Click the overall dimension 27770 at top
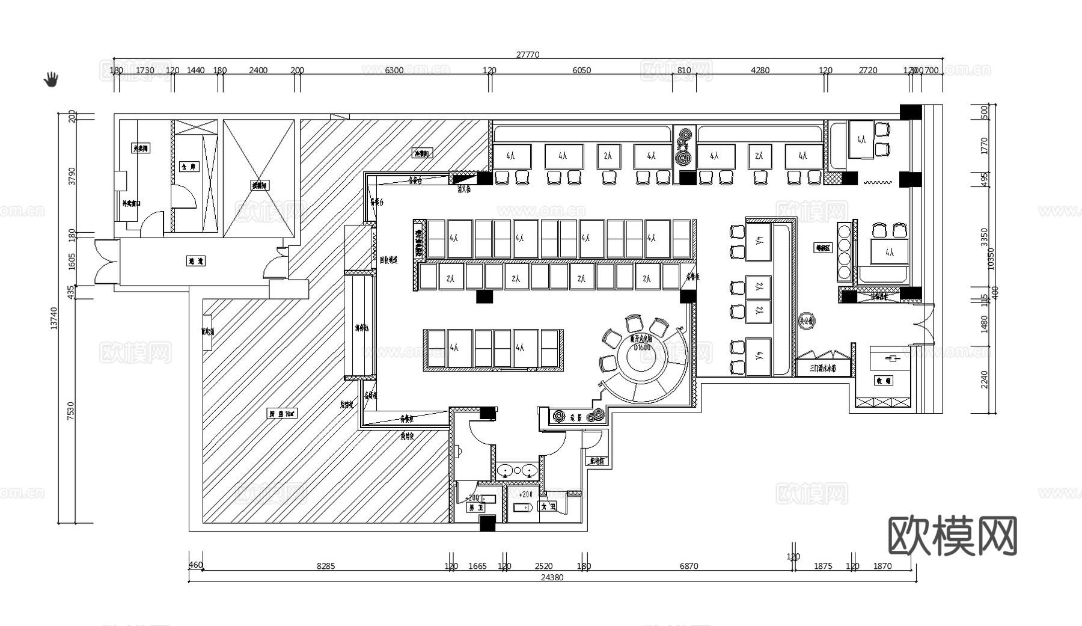(528, 55)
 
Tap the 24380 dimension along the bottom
(552, 577)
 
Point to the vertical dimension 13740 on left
(54, 318)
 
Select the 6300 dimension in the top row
(394, 70)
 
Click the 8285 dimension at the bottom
(326, 566)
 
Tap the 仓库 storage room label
(188, 166)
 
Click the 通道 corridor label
(196, 261)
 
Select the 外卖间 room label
(141, 148)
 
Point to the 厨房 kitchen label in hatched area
(282, 414)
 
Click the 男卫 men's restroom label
(476, 508)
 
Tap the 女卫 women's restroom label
(548, 507)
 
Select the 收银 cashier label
(884, 381)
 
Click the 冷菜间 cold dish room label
(421, 153)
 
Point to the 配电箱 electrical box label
(598, 461)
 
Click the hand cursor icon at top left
(52, 79)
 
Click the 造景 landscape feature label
(576, 416)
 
